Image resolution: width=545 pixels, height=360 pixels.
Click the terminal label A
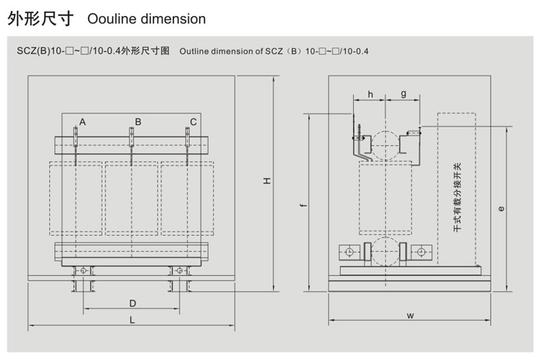(x=83, y=121)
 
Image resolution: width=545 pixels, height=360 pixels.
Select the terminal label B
(x=138, y=121)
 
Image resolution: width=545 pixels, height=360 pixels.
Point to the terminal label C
(x=193, y=121)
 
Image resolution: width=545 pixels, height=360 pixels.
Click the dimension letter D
(x=133, y=303)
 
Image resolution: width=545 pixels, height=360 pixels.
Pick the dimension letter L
(x=132, y=320)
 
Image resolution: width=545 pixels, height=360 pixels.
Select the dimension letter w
(x=411, y=316)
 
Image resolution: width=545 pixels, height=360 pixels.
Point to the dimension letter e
(x=501, y=209)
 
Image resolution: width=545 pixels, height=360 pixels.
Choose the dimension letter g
(x=403, y=94)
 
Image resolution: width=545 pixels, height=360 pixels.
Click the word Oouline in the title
(x=110, y=19)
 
